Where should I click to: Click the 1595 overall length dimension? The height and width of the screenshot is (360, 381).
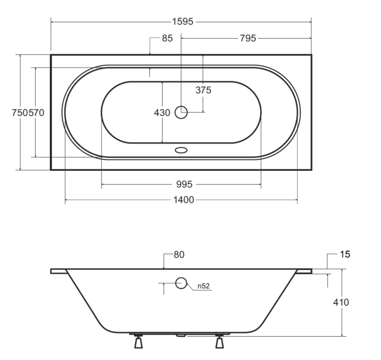point(183,22)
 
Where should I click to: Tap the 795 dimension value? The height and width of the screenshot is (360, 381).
point(248,38)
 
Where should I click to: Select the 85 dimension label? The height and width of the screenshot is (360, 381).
point(167,38)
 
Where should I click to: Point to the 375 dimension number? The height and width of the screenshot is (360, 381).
point(203,90)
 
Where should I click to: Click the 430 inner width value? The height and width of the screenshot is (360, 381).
point(162,112)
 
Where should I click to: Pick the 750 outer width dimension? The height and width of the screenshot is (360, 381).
point(20,112)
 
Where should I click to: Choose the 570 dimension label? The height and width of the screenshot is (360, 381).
point(36,112)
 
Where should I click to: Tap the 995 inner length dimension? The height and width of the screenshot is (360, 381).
point(184,184)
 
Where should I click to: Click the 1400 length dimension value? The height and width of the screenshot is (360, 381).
point(184,200)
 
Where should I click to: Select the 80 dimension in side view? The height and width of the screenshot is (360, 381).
point(179,254)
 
